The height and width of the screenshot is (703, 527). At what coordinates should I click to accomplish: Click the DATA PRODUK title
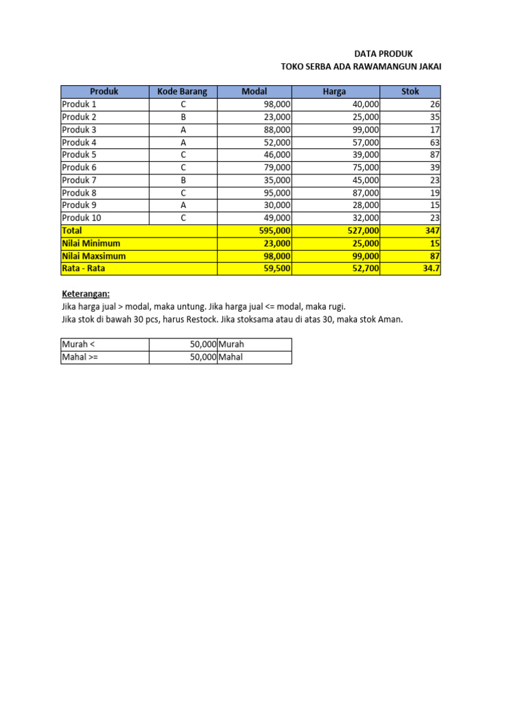click(x=384, y=53)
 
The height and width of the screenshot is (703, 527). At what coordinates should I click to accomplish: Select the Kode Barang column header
click(x=183, y=91)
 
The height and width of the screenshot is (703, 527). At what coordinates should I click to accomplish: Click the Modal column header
click(x=254, y=91)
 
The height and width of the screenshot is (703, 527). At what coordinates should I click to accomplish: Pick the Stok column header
click(x=410, y=91)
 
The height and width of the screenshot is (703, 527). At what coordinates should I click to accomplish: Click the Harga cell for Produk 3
click(x=364, y=130)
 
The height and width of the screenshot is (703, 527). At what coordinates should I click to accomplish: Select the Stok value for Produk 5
click(x=434, y=155)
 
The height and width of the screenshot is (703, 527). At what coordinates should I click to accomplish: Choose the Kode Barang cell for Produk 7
click(x=183, y=181)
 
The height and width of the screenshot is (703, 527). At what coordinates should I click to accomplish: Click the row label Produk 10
click(x=82, y=218)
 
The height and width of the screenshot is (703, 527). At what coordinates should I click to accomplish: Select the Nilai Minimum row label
click(x=91, y=243)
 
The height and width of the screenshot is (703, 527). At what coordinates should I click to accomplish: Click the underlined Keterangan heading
click(x=86, y=294)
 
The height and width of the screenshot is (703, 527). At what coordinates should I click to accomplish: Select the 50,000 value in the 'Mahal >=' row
click(x=203, y=357)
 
